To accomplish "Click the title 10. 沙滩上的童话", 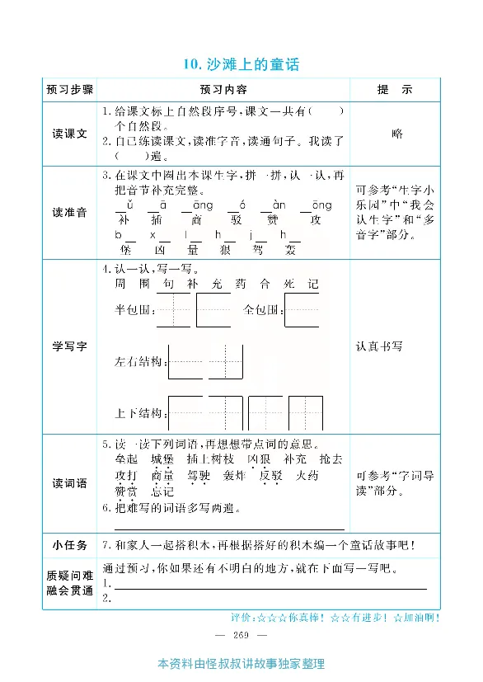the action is pyautogui.click(x=241, y=64).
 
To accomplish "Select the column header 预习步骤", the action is pyautogui.click(x=70, y=89).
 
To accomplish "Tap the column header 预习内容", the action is pyautogui.click(x=223, y=89).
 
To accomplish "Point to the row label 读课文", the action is pyautogui.click(x=70, y=134).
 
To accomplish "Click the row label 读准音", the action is pyautogui.click(x=70, y=212).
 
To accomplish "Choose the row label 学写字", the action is pyautogui.click(x=70, y=346).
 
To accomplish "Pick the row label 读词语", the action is pyautogui.click(x=70, y=483).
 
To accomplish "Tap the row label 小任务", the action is pyautogui.click(x=70, y=544).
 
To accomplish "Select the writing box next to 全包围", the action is pyautogui.click(x=301, y=311).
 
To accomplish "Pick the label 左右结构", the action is pyautogui.click(x=140, y=361).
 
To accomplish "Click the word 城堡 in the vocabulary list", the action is pyautogui.click(x=163, y=459).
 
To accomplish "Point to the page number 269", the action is pyautogui.click(x=241, y=633).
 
